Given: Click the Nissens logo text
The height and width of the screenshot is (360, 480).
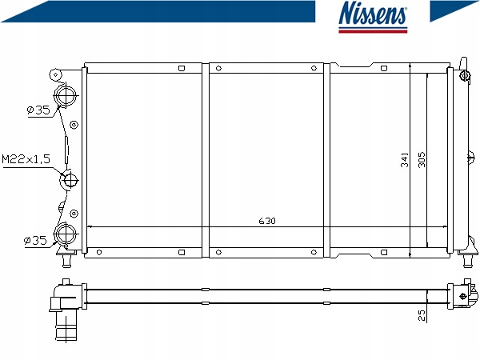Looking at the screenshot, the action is pyautogui.click(x=373, y=13).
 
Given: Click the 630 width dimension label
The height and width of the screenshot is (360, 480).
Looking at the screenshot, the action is pyautogui.click(x=267, y=221).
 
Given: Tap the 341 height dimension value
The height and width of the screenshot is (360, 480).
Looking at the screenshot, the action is pyautogui.click(x=404, y=160).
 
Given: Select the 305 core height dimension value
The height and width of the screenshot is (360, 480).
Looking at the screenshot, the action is pyautogui.click(x=422, y=159).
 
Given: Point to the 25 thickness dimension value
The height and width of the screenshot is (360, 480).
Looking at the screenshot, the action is pyautogui.click(x=422, y=315).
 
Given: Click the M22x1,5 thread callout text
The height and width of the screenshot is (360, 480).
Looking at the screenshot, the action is pyautogui.click(x=26, y=159).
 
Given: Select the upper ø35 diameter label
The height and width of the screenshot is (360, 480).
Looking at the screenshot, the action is pyautogui.click(x=38, y=110).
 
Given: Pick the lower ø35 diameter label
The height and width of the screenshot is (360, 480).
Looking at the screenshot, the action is pyautogui.click(x=35, y=240).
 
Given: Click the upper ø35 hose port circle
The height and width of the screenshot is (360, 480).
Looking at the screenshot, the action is pyautogui.click(x=65, y=96).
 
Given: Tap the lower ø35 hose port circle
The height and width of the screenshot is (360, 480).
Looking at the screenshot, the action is pyautogui.click(x=65, y=234).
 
